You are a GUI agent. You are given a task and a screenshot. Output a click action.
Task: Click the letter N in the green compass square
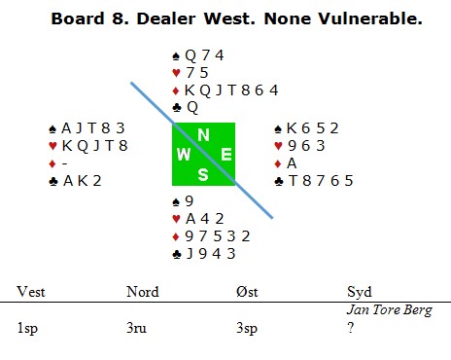pos(203,134)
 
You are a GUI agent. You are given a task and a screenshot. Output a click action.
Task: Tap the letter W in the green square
pos(184,154)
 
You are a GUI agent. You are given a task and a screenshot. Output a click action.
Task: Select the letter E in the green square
pos(226,154)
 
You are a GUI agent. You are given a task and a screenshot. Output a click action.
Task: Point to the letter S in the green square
pos(203,175)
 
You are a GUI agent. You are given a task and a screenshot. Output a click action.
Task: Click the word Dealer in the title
pos(166,18)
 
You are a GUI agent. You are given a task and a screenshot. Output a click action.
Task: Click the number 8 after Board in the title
pos(120,18)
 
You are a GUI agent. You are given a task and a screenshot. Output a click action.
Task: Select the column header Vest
pos(31,292)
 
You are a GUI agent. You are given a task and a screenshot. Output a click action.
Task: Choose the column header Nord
pos(143,292)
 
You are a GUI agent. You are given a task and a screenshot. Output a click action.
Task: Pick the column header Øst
pos(247,292)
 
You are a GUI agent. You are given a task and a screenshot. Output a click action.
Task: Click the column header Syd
pos(359,293)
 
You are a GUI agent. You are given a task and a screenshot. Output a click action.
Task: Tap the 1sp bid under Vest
pos(27,328)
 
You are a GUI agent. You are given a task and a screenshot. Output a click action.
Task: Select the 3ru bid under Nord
pos(136,328)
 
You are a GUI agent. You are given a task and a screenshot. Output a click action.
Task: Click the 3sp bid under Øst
pos(247,328)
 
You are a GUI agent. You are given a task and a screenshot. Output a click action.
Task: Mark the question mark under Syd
pos(350,328)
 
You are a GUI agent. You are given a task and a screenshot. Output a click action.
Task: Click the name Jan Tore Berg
pos(390,310)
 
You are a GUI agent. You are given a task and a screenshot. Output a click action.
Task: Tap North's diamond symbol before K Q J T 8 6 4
pos(176,90)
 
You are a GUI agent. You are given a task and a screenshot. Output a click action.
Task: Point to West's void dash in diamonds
pos(64,163)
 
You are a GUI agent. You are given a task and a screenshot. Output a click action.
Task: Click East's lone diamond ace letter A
pos(292,163)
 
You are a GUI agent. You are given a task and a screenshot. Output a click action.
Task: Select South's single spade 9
pos(189,201)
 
